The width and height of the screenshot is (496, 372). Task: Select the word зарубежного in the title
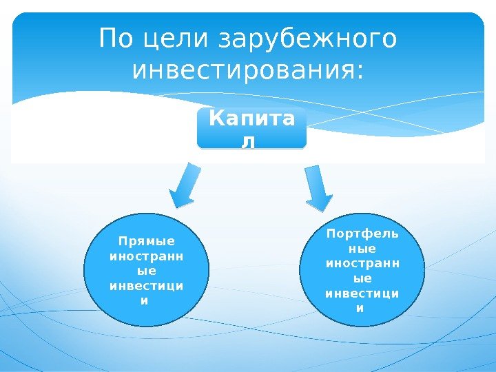[308, 41]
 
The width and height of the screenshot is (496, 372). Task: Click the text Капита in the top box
[251, 120]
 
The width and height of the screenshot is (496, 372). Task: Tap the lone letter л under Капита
[251, 141]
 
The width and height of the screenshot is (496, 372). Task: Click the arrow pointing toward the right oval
[318, 186]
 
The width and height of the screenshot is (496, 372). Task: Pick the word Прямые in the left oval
[147, 241]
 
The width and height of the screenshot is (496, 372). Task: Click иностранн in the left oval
[147, 256]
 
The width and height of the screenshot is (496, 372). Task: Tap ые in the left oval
[147, 271]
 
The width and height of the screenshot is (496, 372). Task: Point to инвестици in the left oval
[147, 286]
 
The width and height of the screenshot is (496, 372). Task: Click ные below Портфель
[362, 249]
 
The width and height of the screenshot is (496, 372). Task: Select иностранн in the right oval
[362, 263]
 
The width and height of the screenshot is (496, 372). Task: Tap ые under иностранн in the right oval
[362, 278]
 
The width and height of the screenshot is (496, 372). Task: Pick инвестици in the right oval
[362, 293]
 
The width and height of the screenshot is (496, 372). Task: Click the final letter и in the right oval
[362, 308]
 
